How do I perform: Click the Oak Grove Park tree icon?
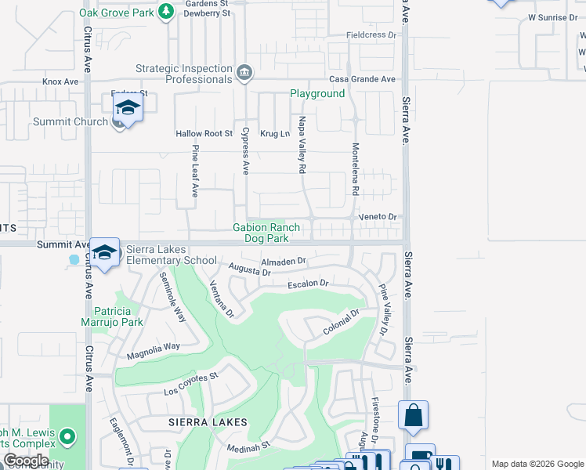pyautogui.click(x=165, y=12)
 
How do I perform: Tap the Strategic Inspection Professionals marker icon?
pyautogui.click(x=244, y=74)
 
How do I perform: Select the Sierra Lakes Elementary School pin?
pyautogui.click(x=104, y=252)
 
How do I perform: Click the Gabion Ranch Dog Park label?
pyautogui.click(x=266, y=233)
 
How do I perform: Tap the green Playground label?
pyautogui.click(x=317, y=93)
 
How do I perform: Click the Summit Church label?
pyautogui.click(x=71, y=122)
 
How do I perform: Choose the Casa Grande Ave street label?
pyautogui.click(x=362, y=80)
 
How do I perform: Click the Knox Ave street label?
pyautogui.click(x=61, y=81)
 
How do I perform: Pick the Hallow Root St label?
pyautogui.click(x=204, y=134)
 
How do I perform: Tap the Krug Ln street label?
pyautogui.click(x=275, y=134)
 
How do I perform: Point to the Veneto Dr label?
pyautogui.click(x=379, y=217)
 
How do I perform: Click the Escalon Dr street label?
pyautogui.click(x=306, y=284)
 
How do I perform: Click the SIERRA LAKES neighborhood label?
pyautogui.click(x=208, y=422)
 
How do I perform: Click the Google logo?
pyautogui.click(x=26, y=461)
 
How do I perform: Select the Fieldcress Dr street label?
pyautogui.click(x=373, y=36)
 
